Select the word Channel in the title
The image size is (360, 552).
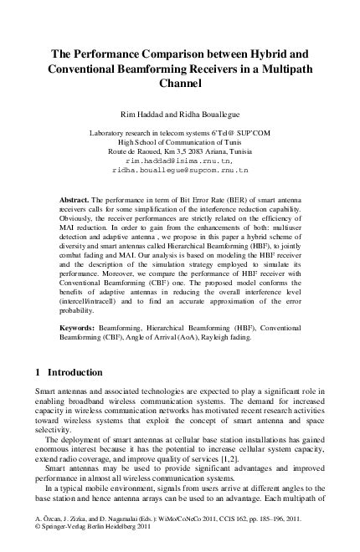pyautogui.click(x=180, y=84)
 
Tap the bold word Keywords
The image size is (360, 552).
pyautogui.click(x=79, y=329)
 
